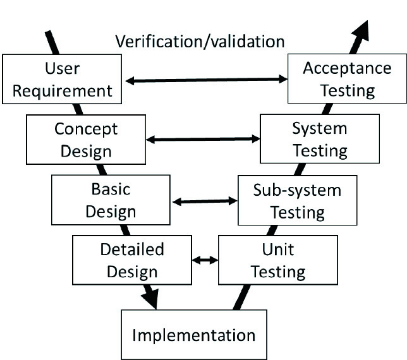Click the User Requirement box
pyautogui.click(x=62, y=79)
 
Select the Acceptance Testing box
pyautogui.click(x=347, y=79)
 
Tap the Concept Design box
pyautogui.click(x=85, y=140)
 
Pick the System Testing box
pyautogui.click(x=319, y=140)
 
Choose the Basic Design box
pyautogui.click(x=111, y=200)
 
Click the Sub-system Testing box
pyautogui.click(x=297, y=200)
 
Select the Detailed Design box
pyautogui.click(x=131, y=260)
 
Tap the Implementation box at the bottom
pyautogui.click(x=193, y=334)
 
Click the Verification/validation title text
pyautogui.click(x=200, y=42)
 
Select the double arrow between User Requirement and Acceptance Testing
pyautogui.click(x=206, y=80)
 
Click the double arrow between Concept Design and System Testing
pyautogui.click(x=203, y=139)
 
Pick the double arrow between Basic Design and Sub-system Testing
pyautogui.click(x=204, y=201)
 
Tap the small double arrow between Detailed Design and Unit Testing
pyautogui.click(x=205, y=260)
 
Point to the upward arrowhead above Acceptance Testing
pyautogui.click(x=363, y=28)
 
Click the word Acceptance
pyautogui.click(x=347, y=68)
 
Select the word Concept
pyautogui.click(x=85, y=129)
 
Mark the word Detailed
pyautogui.click(x=131, y=249)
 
